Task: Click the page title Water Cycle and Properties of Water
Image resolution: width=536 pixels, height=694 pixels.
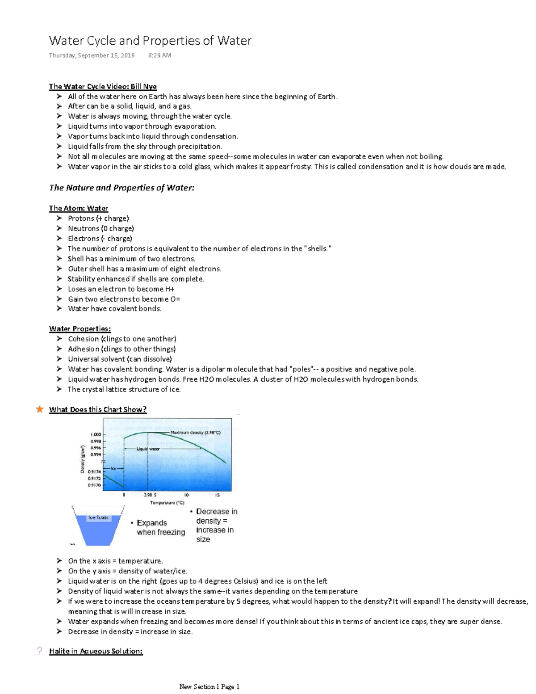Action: click(x=150, y=41)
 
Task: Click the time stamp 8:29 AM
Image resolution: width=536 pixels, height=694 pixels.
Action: click(x=159, y=55)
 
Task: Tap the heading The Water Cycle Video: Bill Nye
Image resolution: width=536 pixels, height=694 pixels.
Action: click(x=103, y=86)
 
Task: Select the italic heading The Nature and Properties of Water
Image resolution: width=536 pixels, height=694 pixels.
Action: click(x=121, y=188)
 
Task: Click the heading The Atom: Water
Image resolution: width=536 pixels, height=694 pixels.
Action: click(x=79, y=208)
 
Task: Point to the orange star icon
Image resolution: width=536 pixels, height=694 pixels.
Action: click(x=40, y=409)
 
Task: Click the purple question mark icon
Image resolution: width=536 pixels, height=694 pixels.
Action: click(x=40, y=651)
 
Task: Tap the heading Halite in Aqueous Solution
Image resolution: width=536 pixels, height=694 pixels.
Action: click(x=96, y=651)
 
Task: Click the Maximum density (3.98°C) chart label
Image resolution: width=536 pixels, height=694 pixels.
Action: click(x=195, y=433)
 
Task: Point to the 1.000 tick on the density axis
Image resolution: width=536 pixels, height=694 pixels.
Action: click(x=96, y=434)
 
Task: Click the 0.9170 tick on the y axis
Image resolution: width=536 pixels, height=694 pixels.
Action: click(x=94, y=485)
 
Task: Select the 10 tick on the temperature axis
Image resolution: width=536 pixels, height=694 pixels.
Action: click(x=186, y=495)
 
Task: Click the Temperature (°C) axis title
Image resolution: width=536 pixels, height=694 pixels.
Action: click(x=167, y=503)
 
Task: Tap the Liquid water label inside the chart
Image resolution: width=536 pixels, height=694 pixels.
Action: click(x=148, y=449)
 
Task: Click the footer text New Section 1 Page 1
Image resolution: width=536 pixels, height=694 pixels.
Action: click(x=209, y=686)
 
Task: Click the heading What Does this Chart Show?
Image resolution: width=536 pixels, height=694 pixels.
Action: click(x=98, y=409)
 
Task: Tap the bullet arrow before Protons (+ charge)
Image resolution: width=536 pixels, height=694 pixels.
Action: click(x=59, y=218)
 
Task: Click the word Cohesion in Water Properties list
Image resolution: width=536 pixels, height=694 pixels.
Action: click(x=83, y=339)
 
